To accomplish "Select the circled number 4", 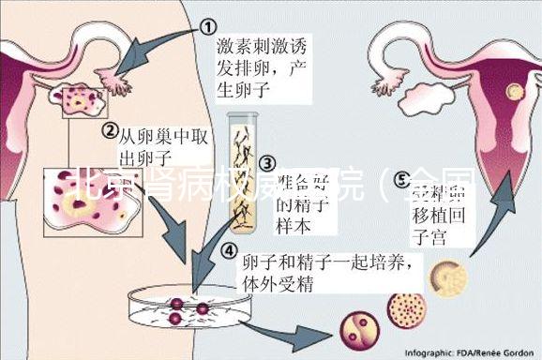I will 230,251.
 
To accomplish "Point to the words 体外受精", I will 278,282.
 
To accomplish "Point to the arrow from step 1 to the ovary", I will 155,51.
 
